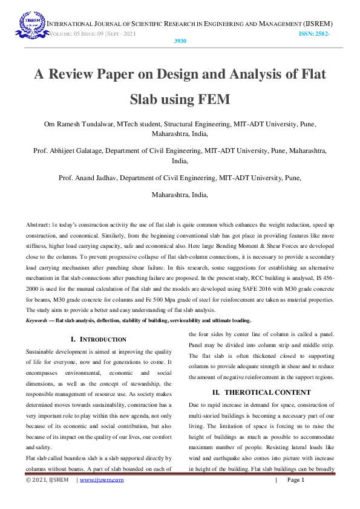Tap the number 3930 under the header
(x=180, y=42)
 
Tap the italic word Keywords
(x=38, y=320)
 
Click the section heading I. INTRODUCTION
(x=99, y=339)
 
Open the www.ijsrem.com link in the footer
(x=101, y=480)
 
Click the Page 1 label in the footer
(x=295, y=480)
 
